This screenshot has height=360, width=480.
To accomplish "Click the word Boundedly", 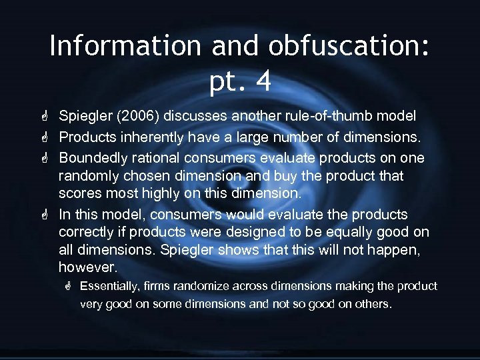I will [91, 159].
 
